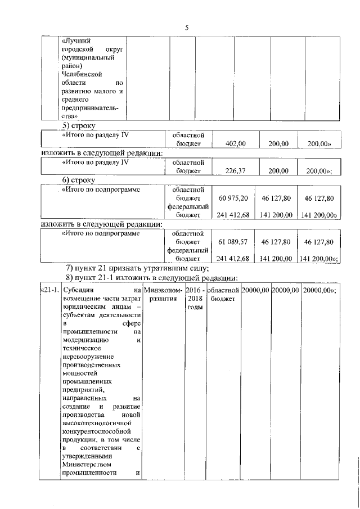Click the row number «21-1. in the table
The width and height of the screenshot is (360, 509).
(49, 290)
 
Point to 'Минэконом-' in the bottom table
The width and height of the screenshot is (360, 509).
(163, 290)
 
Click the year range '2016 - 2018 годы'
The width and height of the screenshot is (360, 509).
(194, 299)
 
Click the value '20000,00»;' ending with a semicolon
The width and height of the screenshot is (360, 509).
(319, 290)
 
